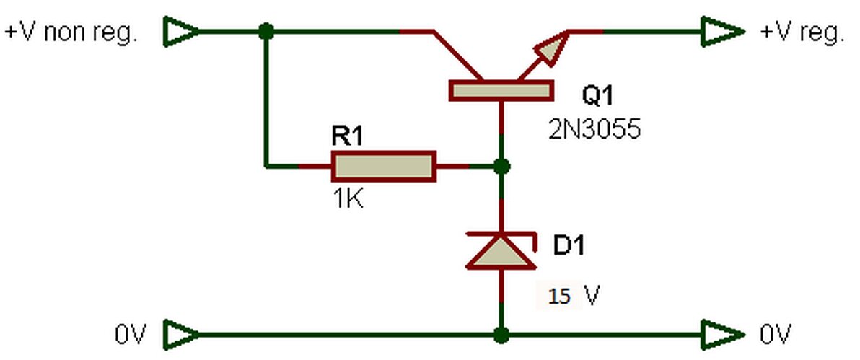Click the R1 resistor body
point(384,166)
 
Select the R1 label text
point(347,136)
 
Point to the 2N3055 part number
point(594,130)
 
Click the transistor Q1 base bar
point(501,91)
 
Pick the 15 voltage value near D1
point(559,297)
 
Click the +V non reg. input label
point(70,33)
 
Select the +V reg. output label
point(802,33)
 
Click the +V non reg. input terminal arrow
point(182,32)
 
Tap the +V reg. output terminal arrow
point(722,32)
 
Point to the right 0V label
point(776,334)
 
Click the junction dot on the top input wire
point(266,31)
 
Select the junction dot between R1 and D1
point(501,166)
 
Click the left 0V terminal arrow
point(182,334)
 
